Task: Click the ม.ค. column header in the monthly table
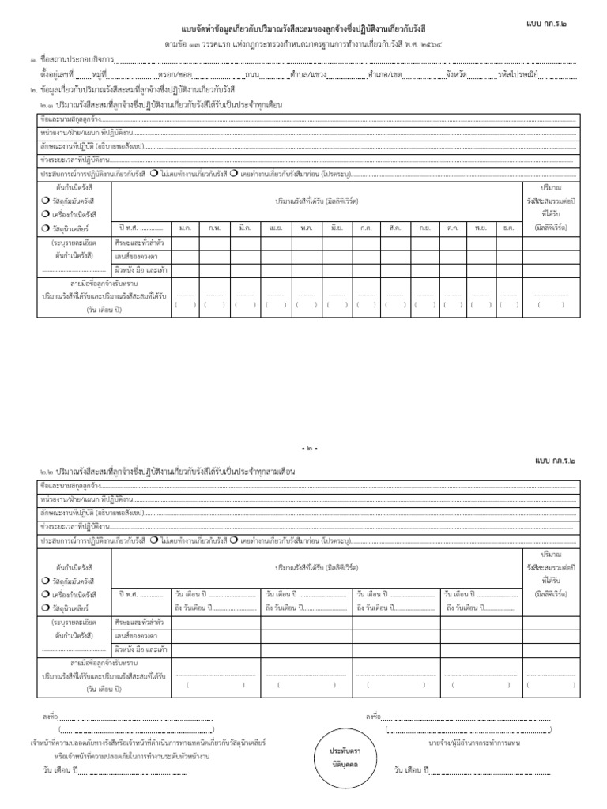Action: pyautogui.click(x=186, y=228)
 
